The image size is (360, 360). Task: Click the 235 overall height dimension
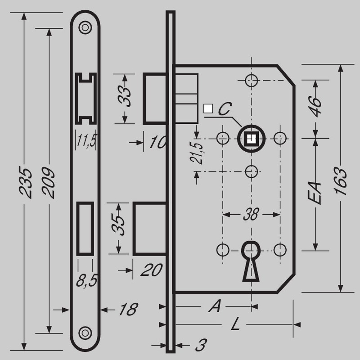click(x=25, y=182)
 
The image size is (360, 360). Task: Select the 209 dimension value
click(x=48, y=183)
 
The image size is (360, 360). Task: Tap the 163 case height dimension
click(x=340, y=181)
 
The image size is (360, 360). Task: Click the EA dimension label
click(x=315, y=193)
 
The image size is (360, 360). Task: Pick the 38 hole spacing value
click(x=251, y=215)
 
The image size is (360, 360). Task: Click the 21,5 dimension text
click(x=197, y=153)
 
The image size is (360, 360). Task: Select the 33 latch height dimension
click(x=124, y=96)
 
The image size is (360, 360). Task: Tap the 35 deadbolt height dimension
click(x=118, y=225)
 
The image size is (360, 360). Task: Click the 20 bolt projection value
click(x=152, y=270)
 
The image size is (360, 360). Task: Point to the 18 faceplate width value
click(x=129, y=310)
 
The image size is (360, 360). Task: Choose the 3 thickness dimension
click(x=201, y=345)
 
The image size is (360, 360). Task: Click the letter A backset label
click(x=215, y=306)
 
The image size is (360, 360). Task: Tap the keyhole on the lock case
click(x=251, y=261)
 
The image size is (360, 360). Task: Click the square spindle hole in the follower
click(x=252, y=139)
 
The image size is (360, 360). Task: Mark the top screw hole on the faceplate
click(x=85, y=27)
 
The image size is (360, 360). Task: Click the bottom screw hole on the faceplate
click(x=85, y=333)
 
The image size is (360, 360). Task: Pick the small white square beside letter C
click(x=208, y=108)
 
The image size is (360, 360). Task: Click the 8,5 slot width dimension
click(x=87, y=280)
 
